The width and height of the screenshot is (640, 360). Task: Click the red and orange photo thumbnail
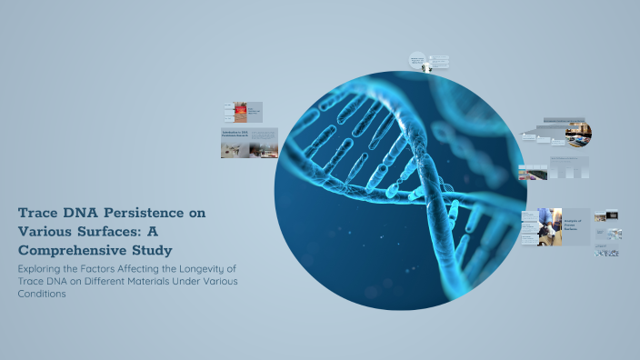pos(240,111)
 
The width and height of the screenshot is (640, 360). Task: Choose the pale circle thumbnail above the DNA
pos(417,62)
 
